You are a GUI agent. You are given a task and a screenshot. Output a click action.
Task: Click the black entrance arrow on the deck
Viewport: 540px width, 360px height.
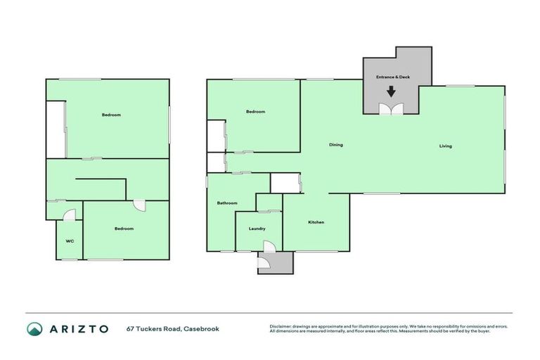(x=391, y=91)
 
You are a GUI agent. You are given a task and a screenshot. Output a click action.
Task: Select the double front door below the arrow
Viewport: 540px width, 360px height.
(x=391, y=108)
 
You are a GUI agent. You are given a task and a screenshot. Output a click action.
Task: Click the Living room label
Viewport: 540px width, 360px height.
(x=445, y=146)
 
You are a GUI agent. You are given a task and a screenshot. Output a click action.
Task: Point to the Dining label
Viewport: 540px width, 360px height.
(x=336, y=145)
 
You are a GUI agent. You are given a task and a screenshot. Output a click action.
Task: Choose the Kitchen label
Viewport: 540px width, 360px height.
(x=316, y=222)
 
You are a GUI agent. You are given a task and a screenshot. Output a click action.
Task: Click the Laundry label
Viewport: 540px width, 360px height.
(x=257, y=229)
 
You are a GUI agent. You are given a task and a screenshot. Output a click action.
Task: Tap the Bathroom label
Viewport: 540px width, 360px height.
(x=226, y=203)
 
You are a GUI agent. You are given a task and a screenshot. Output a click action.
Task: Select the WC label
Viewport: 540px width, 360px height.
(x=70, y=241)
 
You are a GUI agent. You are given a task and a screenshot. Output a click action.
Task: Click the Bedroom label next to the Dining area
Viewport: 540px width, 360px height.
(x=255, y=112)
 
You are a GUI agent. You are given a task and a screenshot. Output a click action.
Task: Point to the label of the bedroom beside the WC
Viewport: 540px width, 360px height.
(x=124, y=229)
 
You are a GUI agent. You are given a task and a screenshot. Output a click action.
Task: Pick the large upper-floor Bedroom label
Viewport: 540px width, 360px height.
(x=111, y=115)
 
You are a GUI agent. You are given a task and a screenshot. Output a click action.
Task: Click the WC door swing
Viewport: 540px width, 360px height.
(x=67, y=214)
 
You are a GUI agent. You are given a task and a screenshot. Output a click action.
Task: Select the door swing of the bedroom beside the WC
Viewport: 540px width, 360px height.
(x=140, y=205)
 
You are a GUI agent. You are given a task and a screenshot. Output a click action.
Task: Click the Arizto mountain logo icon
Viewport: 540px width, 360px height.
(x=34, y=328)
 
